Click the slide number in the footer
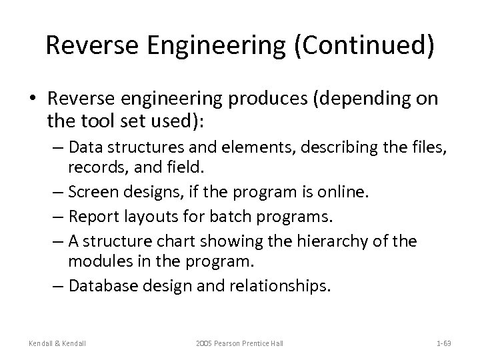coord(443,343)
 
